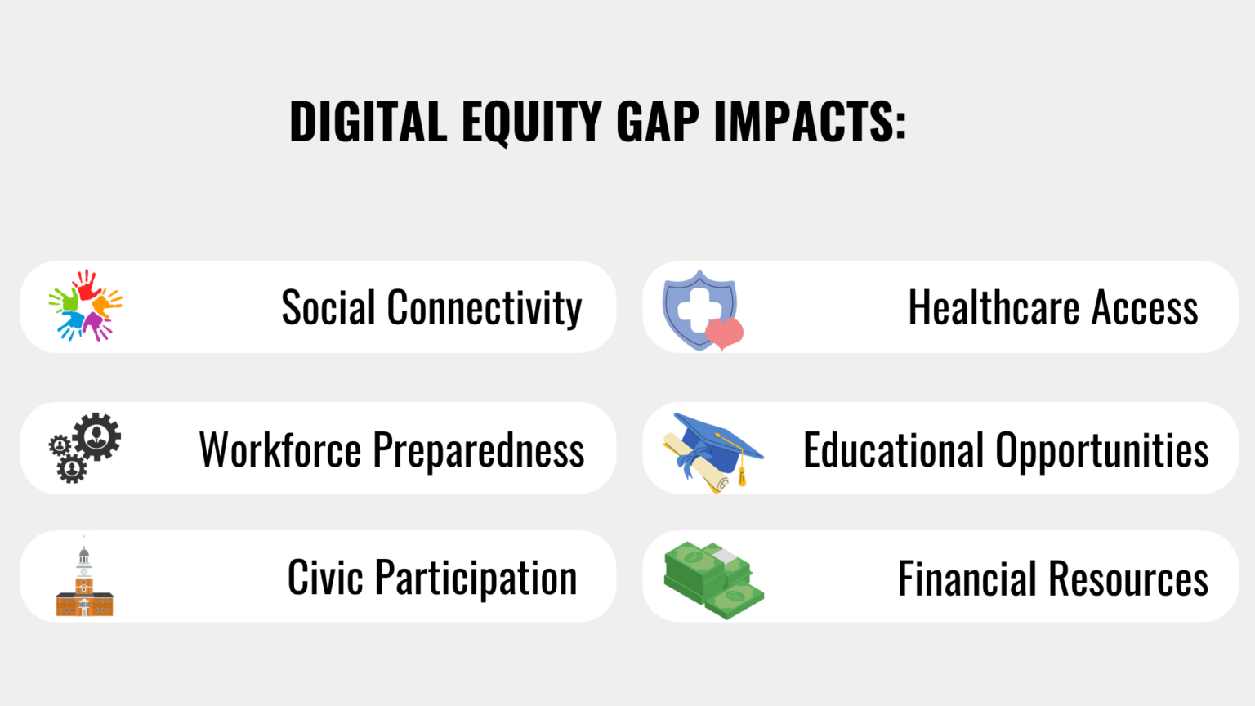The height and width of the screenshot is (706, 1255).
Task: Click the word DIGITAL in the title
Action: pos(368,122)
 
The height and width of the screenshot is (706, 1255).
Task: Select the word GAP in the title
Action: pos(658,122)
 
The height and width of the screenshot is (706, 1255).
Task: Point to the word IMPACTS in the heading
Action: pos(809,122)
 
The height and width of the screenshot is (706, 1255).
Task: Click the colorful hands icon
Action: pos(85,306)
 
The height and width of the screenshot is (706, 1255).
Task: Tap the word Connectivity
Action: pos(484,308)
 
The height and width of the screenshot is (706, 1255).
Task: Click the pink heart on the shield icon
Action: pos(724,333)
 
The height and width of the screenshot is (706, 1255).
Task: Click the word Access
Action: pos(1145,308)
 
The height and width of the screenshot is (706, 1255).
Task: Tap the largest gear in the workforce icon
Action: pos(97,436)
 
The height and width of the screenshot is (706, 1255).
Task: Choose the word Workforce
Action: pos(280,450)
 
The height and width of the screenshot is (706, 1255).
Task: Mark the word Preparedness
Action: pos(479,450)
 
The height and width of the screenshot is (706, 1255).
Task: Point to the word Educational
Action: pos(893,450)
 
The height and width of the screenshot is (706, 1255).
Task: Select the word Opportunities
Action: pos(1101,450)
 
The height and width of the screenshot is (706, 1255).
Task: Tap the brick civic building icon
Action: pos(84,583)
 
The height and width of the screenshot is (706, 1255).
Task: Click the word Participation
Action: pos(476,579)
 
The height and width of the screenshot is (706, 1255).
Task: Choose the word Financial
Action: pos(967,579)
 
